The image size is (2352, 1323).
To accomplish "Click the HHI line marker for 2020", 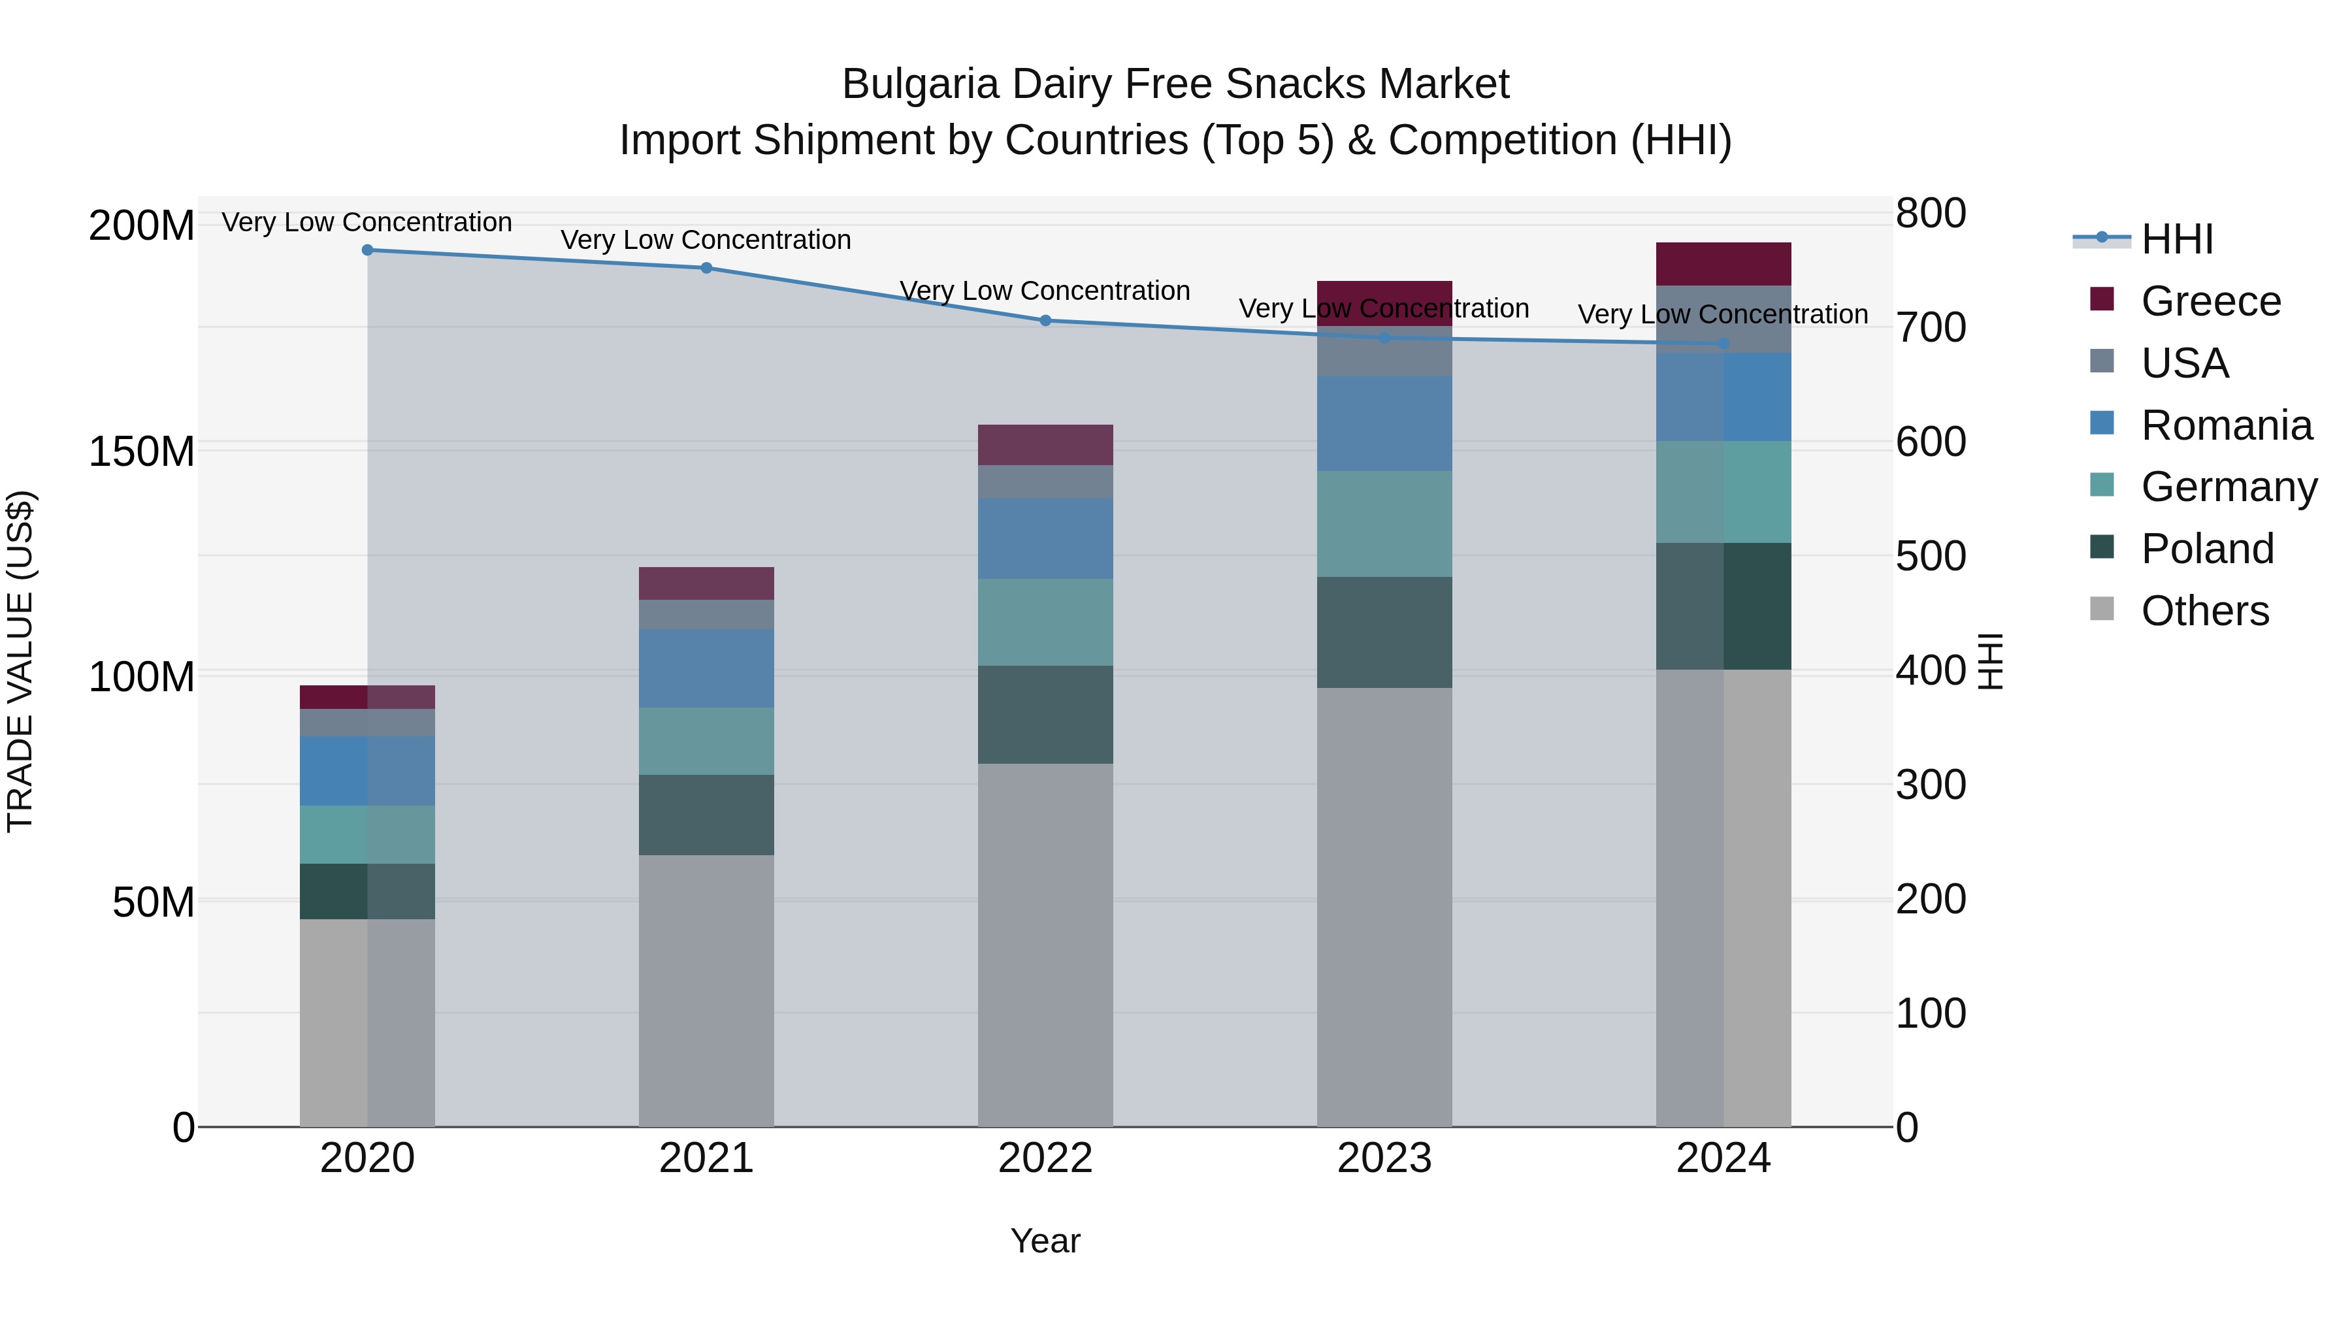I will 367,250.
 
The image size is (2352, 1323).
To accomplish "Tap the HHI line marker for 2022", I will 1045,321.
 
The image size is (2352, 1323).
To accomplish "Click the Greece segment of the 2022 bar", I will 1045,445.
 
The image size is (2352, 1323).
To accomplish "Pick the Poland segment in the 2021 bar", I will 706,815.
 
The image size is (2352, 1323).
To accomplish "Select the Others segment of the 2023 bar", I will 1384,907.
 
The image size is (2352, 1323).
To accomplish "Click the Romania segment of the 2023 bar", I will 1384,423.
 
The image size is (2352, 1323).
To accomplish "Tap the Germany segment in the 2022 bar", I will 1045,622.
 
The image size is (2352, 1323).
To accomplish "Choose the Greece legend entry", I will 2210,301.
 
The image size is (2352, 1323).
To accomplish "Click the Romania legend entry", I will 2226,425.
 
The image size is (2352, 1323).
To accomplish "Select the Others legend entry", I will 2204,611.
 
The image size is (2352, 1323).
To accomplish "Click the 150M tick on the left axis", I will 142,451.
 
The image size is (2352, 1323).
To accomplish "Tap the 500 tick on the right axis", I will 1930,556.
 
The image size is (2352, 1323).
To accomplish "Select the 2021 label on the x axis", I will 706,1158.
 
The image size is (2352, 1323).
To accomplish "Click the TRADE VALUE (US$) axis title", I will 20,661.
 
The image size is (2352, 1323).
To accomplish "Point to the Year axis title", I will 1045,1241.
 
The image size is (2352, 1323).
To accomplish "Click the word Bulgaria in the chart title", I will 919,84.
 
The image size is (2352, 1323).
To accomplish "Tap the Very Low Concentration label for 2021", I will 706,240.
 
